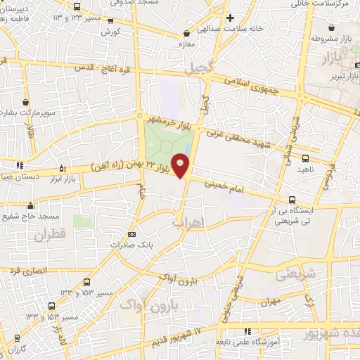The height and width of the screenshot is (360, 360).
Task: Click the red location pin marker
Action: (182, 166)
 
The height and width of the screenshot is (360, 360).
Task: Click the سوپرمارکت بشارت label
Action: (28, 112)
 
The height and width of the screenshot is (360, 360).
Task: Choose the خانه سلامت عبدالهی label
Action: (269, 27)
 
